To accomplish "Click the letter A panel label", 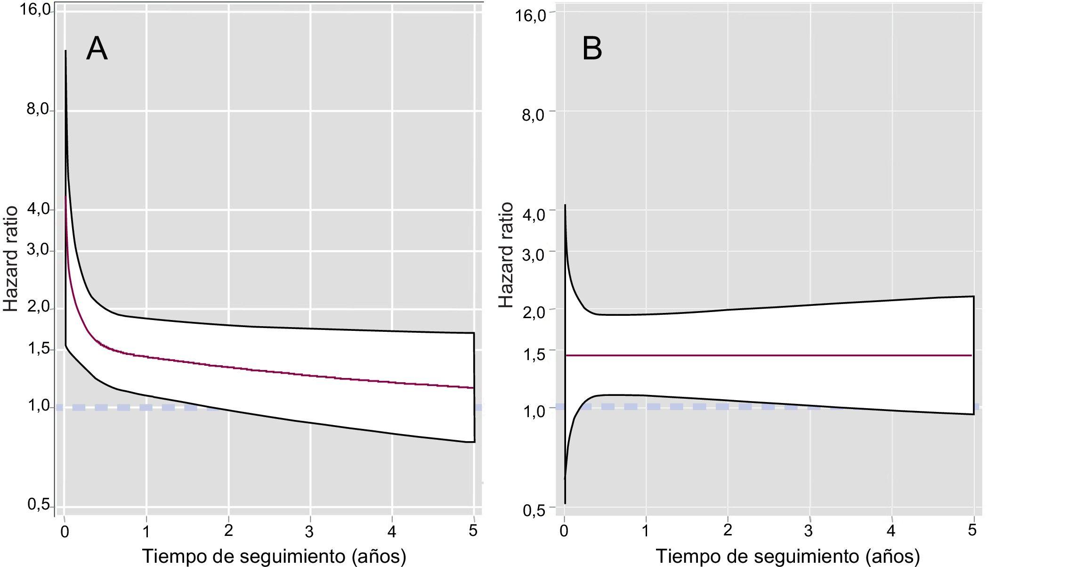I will point(97,49).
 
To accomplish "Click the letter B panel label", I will point(592,49).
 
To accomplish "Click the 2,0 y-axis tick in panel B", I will point(534,312).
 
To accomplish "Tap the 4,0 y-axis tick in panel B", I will point(534,214).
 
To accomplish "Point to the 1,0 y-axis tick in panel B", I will point(534,411).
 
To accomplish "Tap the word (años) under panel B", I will point(892,557).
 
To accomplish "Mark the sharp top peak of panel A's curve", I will point(65,50).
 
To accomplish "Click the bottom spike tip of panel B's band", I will point(565,503).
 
